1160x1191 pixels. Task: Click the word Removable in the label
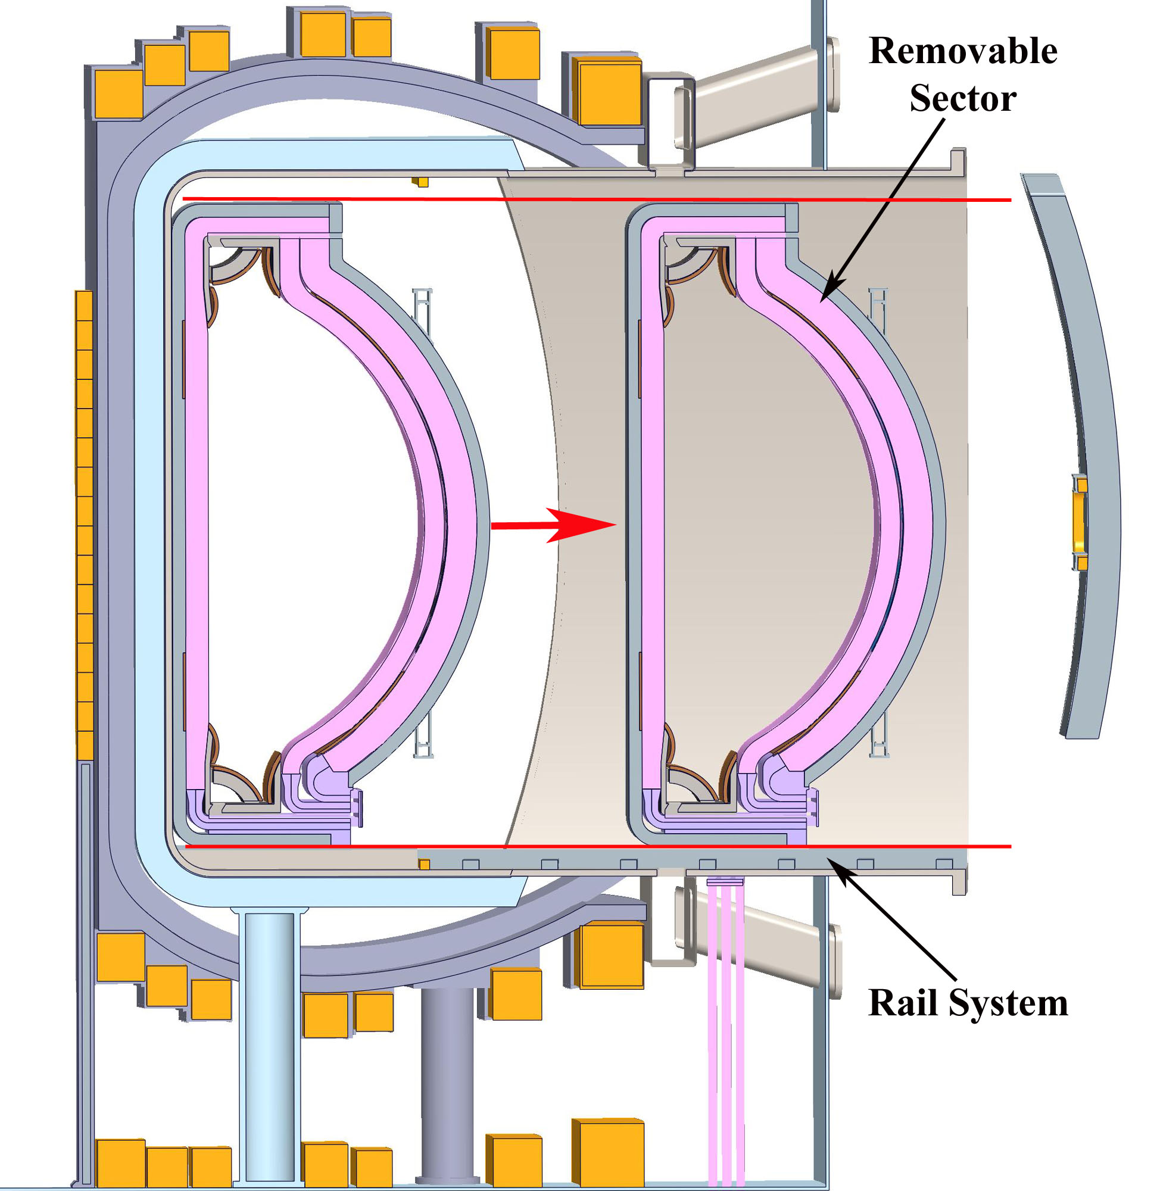coord(963,51)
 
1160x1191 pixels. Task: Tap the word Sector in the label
coord(963,98)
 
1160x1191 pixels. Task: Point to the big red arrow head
coord(582,525)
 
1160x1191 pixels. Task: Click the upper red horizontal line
coord(597,199)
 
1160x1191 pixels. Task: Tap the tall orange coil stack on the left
coord(84,525)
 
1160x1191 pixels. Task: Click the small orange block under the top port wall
coord(420,182)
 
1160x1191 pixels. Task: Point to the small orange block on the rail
coord(423,864)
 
